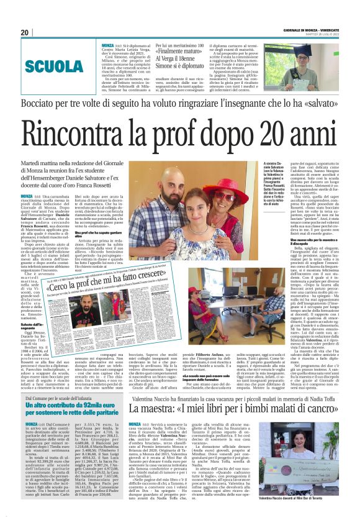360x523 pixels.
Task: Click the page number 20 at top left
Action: [x=24, y=32]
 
